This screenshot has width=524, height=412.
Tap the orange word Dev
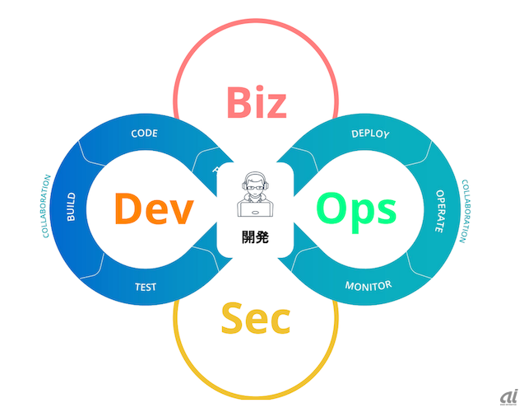(x=154, y=208)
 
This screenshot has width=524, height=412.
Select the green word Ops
(x=356, y=208)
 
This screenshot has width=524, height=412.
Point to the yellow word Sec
(x=255, y=319)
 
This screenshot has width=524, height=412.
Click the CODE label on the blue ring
(x=145, y=133)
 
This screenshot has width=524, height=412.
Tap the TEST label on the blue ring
(x=145, y=288)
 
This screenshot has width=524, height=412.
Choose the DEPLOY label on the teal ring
(x=370, y=133)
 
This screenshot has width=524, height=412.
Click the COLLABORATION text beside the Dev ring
(x=46, y=206)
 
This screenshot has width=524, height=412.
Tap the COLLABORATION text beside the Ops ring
(x=466, y=212)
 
